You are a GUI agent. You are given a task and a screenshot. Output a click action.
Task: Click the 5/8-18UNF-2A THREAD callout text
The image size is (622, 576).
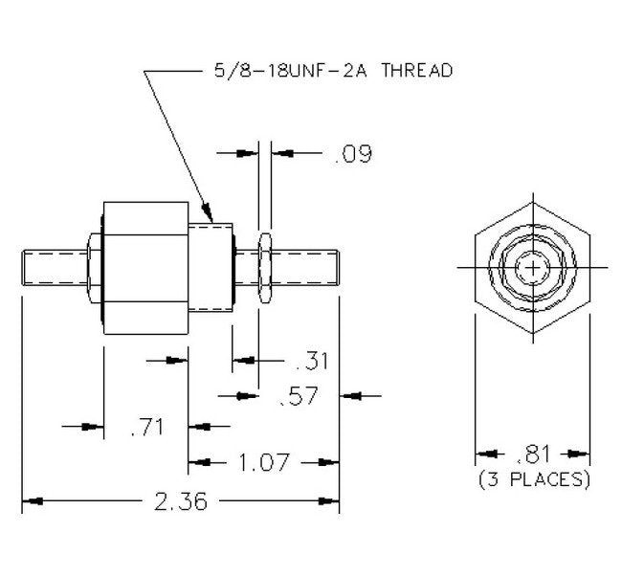tap(328, 71)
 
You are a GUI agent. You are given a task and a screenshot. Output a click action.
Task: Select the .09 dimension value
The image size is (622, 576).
tap(352, 153)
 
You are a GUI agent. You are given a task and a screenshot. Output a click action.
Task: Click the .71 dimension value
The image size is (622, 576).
tap(145, 427)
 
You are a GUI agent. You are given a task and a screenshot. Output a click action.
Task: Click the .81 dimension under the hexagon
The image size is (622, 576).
tap(534, 454)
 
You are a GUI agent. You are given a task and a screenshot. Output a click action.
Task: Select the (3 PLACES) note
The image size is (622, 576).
tap(534, 478)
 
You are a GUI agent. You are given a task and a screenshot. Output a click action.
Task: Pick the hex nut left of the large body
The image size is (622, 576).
tap(93, 268)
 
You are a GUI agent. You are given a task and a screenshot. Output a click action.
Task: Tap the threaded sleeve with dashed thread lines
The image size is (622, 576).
tap(211, 268)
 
